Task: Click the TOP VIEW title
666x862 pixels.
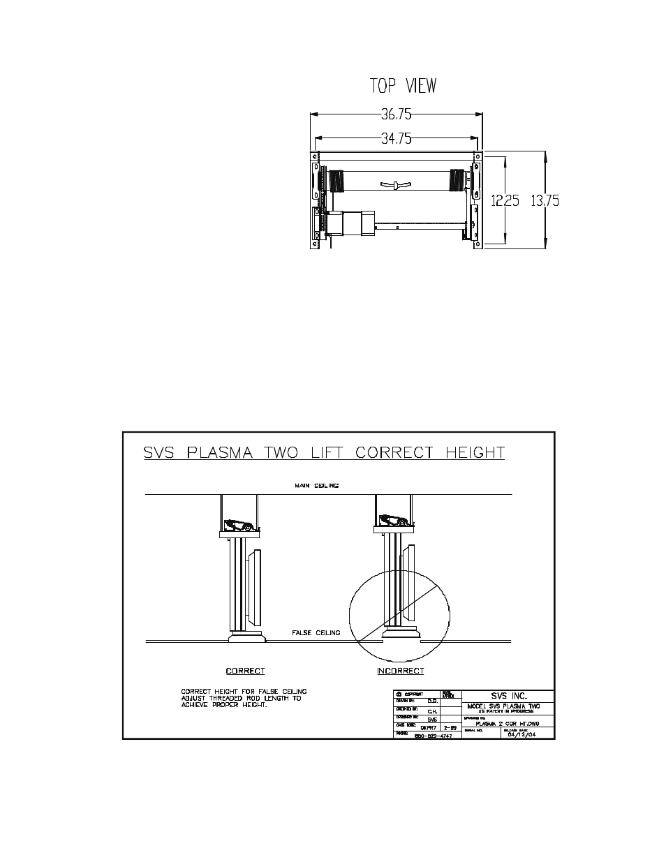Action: [x=402, y=86]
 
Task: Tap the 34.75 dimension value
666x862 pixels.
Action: [x=396, y=138]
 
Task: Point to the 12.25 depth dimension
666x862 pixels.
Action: [x=505, y=201]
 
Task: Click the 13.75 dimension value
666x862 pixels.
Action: [x=545, y=201]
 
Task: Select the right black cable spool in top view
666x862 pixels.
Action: [x=457, y=180]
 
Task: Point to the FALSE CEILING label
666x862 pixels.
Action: [x=316, y=633]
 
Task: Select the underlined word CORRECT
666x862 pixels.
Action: [x=245, y=671]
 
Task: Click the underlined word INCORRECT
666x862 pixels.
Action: [x=400, y=671]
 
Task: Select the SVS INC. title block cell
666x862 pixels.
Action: [x=508, y=696]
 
